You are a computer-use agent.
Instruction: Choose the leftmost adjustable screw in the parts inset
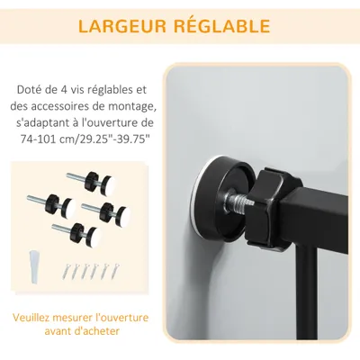click(x=57, y=202)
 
